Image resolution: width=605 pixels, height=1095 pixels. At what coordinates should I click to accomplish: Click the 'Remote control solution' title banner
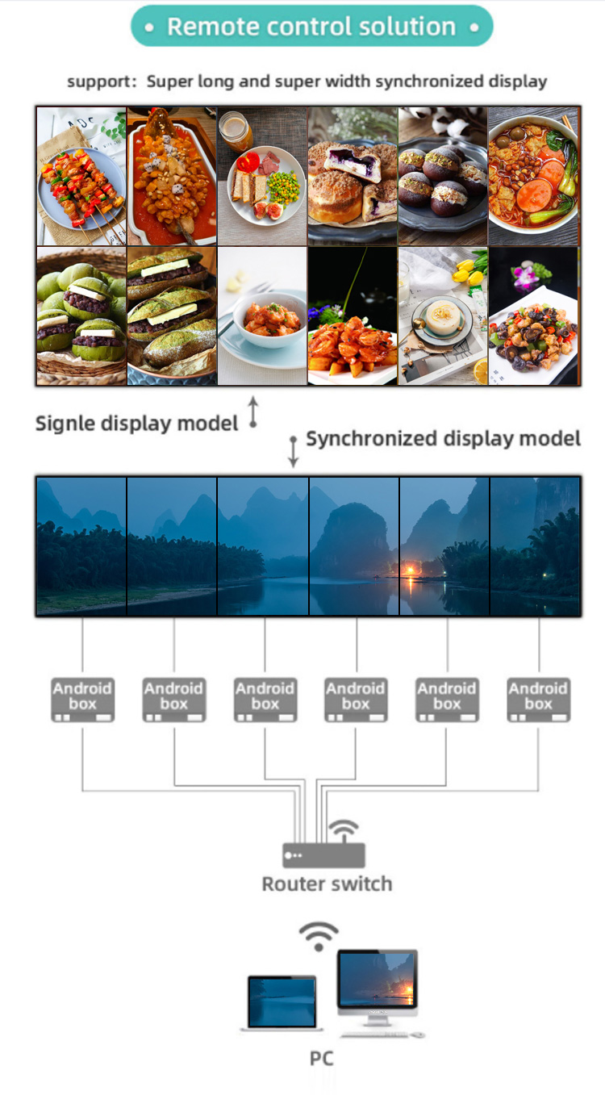(x=311, y=27)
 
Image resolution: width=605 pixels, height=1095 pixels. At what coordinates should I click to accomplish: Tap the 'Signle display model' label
(x=136, y=423)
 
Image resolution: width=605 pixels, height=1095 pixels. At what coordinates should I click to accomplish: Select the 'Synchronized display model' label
(x=443, y=439)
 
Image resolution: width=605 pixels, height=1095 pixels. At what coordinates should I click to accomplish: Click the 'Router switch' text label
(x=327, y=884)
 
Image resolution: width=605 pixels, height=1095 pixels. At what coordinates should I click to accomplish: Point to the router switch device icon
(x=324, y=855)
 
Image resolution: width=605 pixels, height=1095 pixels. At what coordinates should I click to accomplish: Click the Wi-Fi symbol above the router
(x=344, y=830)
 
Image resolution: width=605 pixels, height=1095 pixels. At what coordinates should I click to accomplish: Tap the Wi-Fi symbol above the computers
(x=319, y=936)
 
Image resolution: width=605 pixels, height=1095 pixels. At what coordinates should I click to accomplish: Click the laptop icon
(x=281, y=1003)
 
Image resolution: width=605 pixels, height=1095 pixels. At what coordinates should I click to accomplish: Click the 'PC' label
(x=321, y=1058)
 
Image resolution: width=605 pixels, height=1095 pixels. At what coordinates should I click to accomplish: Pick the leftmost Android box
(x=82, y=699)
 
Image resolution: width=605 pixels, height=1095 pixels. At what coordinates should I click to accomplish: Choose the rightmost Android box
(x=538, y=699)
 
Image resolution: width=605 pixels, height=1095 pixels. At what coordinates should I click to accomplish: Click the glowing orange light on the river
(x=411, y=570)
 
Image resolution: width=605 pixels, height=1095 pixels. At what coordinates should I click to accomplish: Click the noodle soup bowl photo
(x=534, y=175)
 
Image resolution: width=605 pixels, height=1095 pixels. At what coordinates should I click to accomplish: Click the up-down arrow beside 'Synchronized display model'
(x=294, y=451)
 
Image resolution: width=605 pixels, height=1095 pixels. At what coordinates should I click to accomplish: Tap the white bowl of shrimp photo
(x=263, y=319)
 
